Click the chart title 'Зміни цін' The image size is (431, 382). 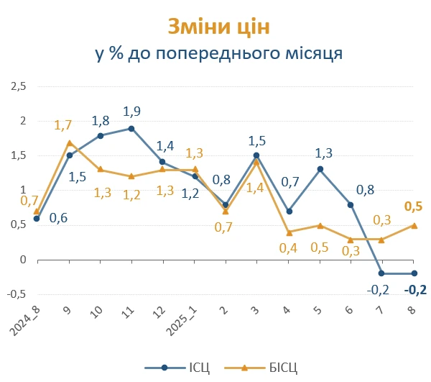pos(219,27)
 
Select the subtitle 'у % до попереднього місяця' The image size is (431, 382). pos(218,54)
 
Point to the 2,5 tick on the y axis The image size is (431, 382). pos(17,86)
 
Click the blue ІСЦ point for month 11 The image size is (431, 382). pos(131,128)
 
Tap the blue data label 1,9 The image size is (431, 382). pos(131,112)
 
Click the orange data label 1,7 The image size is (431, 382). pos(63,125)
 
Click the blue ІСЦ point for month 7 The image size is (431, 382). pos(381,273)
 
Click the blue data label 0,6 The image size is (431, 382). pos(58,218)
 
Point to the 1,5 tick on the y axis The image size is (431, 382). pos(17,155)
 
